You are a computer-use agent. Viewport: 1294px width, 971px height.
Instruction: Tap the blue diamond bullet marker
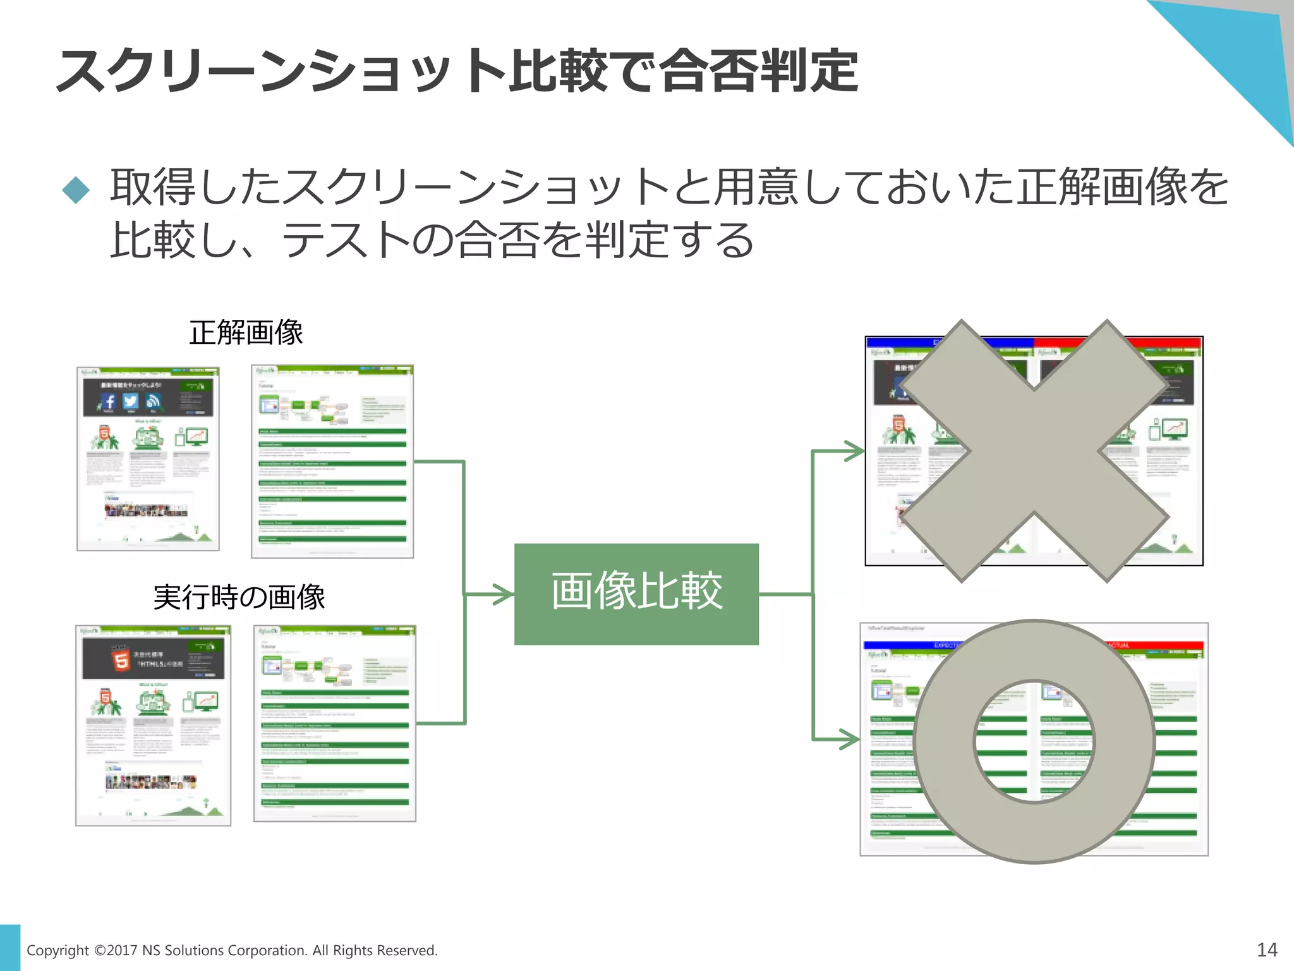click(x=76, y=190)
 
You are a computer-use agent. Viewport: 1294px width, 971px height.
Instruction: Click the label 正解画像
click(x=246, y=333)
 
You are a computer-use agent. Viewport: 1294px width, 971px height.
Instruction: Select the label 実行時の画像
click(x=239, y=597)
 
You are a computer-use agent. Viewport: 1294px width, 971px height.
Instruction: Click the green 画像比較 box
click(x=636, y=594)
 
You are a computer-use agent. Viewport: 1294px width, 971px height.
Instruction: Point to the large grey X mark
click(x=1034, y=450)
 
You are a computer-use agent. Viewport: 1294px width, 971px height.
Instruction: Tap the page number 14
click(x=1267, y=950)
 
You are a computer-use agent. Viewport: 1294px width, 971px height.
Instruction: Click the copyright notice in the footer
click(x=232, y=950)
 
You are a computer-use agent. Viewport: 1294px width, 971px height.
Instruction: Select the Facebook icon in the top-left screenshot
click(x=109, y=401)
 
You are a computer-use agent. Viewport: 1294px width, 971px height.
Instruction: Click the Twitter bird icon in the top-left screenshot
click(x=131, y=401)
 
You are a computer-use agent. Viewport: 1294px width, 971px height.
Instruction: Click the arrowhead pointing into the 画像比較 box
click(x=504, y=594)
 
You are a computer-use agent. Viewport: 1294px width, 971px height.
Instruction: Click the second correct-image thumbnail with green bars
click(x=332, y=461)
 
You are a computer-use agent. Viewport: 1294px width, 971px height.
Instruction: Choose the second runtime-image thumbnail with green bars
click(x=335, y=723)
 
